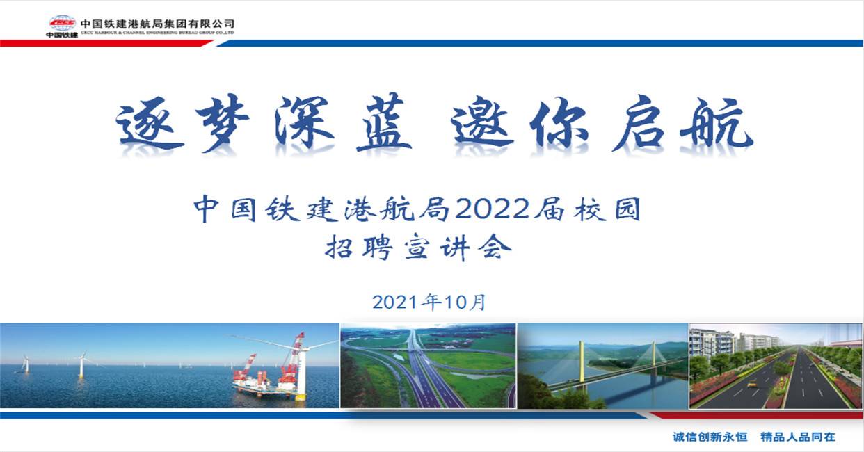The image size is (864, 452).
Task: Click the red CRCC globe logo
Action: click(x=63, y=23)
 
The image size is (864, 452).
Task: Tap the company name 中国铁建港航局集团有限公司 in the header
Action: click(x=157, y=24)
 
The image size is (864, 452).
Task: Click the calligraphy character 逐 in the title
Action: click(x=150, y=125)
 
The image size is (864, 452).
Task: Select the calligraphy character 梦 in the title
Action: click(x=222, y=122)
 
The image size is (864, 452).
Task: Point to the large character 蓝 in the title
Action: click(x=384, y=122)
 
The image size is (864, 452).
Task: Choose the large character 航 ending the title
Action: click(x=717, y=123)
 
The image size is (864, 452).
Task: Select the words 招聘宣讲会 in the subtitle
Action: click(x=418, y=248)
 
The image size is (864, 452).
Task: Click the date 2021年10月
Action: click(x=429, y=302)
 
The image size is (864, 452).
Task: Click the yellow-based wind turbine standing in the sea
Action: click(x=81, y=365)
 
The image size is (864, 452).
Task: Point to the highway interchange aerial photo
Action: click(x=428, y=366)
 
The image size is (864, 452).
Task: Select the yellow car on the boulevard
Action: click(x=752, y=384)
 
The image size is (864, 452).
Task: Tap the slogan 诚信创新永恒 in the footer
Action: click(x=710, y=437)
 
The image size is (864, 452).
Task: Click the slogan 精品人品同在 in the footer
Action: click(x=798, y=437)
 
